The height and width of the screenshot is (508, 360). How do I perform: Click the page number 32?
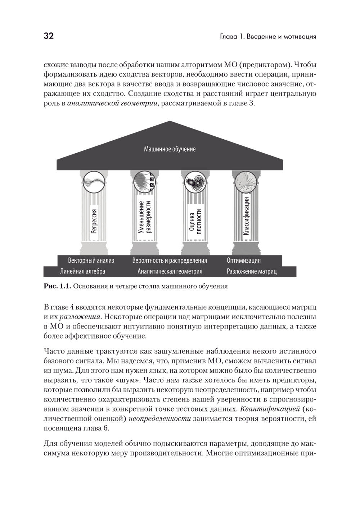point(49,36)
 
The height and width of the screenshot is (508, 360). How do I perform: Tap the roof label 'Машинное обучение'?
point(170,149)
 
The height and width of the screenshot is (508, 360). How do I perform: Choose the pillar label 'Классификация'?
point(246,216)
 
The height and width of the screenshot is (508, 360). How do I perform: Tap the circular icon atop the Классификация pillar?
point(246,182)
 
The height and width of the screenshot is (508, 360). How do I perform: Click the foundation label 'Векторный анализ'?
point(91,260)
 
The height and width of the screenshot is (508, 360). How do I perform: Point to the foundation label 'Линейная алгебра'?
point(82,271)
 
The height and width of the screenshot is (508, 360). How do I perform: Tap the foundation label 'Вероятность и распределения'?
point(170,260)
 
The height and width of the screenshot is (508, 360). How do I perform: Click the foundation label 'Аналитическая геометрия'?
point(170,271)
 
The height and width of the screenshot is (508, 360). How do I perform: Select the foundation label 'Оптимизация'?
point(243,260)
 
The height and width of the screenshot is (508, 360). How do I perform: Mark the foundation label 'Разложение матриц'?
point(252,271)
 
